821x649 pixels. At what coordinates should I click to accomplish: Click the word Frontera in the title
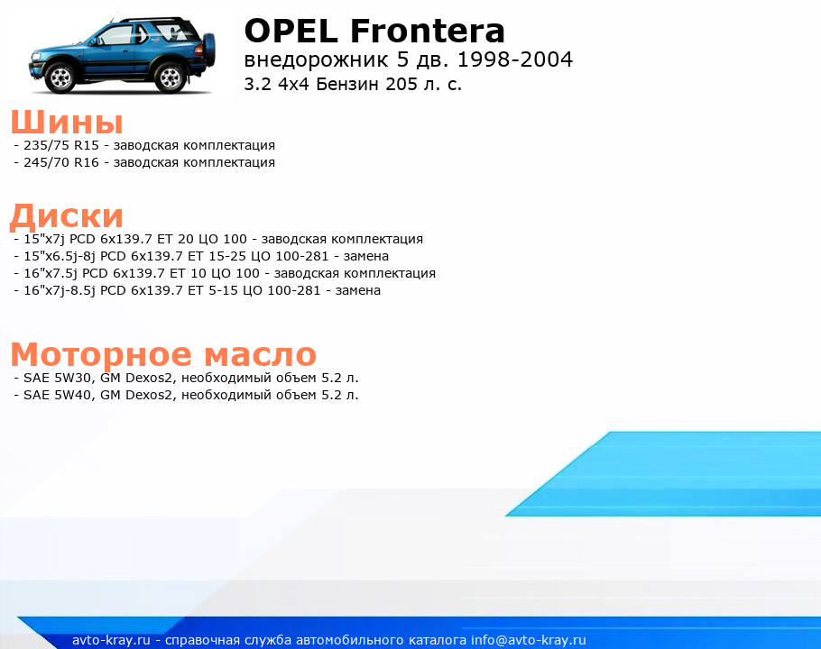coord(428,31)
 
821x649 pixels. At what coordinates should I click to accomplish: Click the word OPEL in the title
coord(291,31)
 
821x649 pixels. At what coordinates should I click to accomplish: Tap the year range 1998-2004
coord(515,59)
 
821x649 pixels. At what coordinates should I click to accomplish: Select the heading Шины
coord(67,122)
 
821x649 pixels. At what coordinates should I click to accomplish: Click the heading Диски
coord(67,216)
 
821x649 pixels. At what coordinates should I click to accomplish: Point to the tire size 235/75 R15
coord(61,145)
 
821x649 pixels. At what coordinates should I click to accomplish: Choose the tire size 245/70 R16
coord(61,162)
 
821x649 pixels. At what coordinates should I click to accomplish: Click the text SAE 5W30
coord(57,378)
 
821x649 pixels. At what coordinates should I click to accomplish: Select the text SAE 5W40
coord(57,396)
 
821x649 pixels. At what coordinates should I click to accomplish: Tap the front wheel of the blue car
coord(60,78)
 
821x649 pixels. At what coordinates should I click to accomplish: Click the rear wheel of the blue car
coord(170,78)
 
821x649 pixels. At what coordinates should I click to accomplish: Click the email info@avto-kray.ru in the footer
coord(529,640)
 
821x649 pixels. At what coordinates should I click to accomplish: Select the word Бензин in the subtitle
coord(348,84)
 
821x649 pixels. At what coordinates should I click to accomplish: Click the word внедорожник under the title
coord(316,60)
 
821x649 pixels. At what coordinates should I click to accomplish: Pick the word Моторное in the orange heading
coord(101,355)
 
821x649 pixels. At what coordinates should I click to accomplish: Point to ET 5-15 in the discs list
coord(213,290)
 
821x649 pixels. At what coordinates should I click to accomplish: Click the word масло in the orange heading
coord(260,355)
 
